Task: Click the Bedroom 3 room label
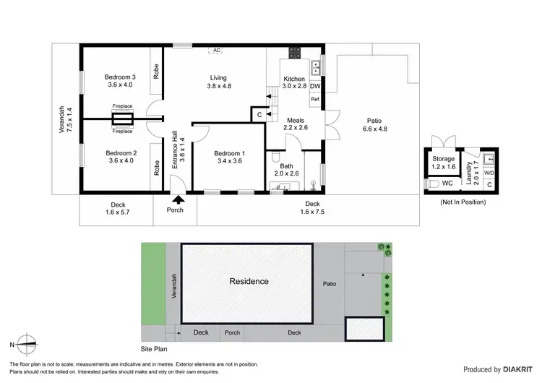121,77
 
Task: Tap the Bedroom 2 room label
121,153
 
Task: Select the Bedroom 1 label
229,153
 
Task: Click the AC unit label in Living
216,51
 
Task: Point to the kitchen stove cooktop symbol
294,52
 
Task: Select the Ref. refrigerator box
315,100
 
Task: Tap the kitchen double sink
315,69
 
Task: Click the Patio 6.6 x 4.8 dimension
374,129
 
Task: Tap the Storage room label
444,159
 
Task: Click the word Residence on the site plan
249,281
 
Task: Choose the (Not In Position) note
463,202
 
